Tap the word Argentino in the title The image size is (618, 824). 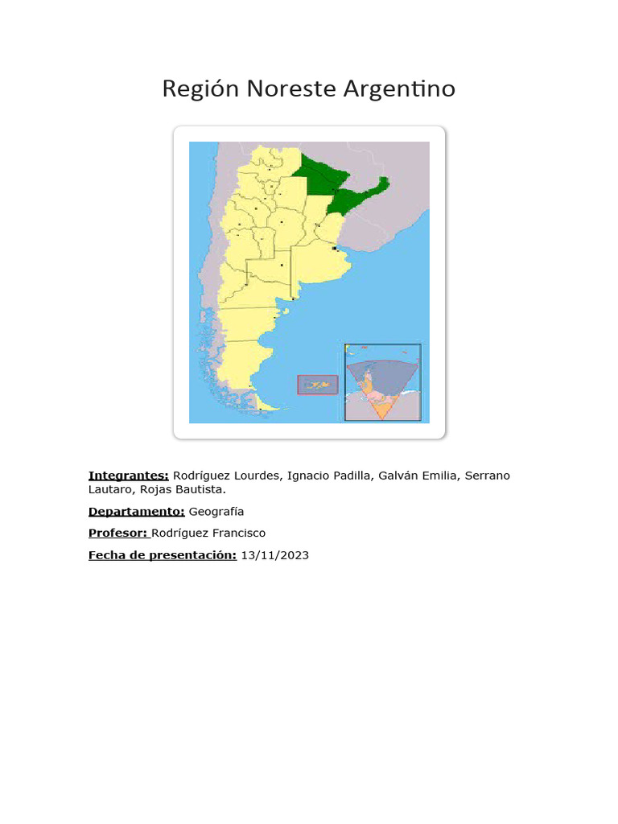[x=399, y=89]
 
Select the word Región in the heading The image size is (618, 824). [x=200, y=89]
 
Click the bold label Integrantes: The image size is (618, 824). [x=129, y=476]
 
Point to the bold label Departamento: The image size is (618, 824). [x=137, y=511]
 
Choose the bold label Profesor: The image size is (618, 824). [x=118, y=533]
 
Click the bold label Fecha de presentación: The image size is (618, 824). [x=163, y=554]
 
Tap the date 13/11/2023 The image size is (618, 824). [x=274, y=554]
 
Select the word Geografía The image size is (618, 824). [x=216, y=511]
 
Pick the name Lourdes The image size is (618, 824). [x=257, y=476]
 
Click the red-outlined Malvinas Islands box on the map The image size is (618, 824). [x=317, y=385]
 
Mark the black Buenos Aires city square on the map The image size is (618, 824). [x=334, y=249]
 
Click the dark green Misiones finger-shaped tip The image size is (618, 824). [x=383, y=183]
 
